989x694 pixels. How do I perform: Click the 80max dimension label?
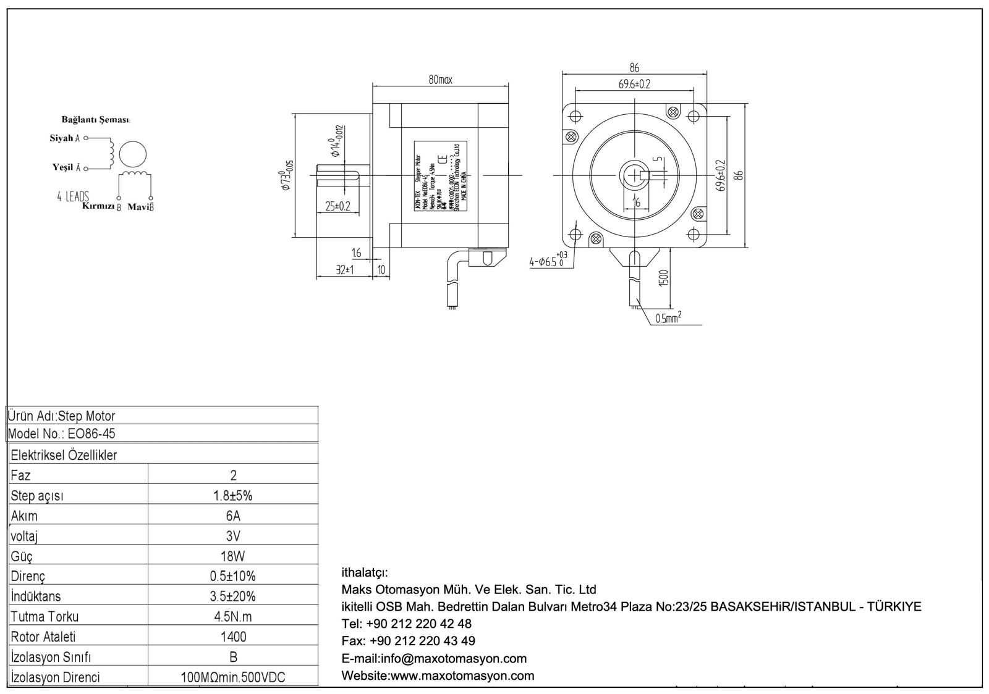441,80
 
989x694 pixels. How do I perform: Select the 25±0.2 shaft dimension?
337,206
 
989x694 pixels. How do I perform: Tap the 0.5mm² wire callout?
668,318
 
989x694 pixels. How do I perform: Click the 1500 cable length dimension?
663,278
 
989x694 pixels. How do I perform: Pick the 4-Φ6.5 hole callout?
548,261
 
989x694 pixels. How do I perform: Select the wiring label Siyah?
61,138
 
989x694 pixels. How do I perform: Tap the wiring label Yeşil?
62,167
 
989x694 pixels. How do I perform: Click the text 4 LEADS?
73,197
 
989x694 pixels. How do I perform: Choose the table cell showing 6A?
233,516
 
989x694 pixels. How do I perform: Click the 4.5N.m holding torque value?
233,616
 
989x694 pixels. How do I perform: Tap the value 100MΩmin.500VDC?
233,677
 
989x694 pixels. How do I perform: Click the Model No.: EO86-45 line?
62,433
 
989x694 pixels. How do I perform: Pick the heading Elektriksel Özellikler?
64,456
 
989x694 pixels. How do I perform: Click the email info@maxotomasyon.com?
434,658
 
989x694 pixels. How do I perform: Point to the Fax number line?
408,641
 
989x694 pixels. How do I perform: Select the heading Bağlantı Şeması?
96,119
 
